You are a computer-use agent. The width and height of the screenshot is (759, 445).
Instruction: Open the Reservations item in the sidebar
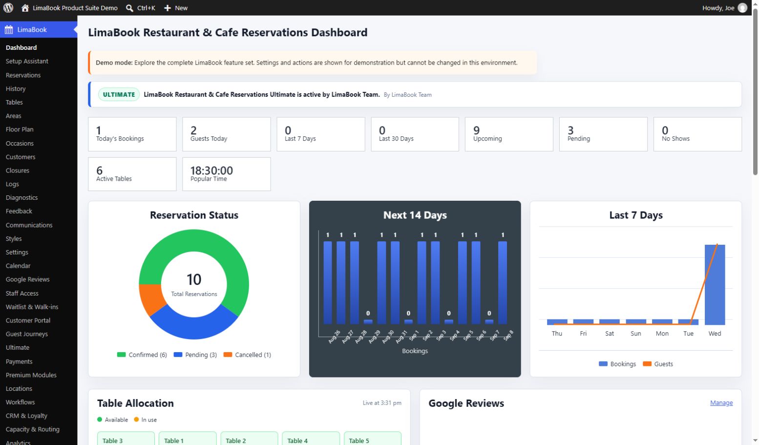point(23,75)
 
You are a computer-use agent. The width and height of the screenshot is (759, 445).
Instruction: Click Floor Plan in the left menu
point(20,129)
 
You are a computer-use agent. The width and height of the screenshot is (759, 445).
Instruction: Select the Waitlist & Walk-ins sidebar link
point(32,307)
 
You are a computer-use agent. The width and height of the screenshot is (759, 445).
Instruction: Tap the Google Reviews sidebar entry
point(27,279)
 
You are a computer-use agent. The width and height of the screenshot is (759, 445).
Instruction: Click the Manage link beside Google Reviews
point(721,403)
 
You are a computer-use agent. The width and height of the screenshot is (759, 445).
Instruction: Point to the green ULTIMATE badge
point(119,94)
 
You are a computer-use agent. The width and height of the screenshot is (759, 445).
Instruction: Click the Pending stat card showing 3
point(603,134)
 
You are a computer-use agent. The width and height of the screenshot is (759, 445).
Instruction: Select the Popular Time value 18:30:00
point(211,170)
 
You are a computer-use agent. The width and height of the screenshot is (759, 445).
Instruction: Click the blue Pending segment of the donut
point(193,326)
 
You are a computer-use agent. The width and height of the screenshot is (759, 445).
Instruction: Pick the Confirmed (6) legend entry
point(142,355)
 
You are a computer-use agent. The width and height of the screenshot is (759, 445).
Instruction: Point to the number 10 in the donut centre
point(194,279)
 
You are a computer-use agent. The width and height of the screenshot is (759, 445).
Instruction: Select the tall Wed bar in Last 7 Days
point(715,285)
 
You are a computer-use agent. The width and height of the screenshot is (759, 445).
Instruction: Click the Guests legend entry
point(658,363)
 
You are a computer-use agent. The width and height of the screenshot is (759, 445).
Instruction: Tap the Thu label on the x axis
point(557,333)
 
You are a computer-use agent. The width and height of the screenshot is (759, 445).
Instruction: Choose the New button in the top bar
point(175,8)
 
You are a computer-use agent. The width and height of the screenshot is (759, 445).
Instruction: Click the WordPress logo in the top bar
point(8,7)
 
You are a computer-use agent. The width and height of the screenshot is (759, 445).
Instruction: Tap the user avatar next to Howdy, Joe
point(742,8)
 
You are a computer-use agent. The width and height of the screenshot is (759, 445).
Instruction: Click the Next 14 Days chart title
point(415,215)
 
